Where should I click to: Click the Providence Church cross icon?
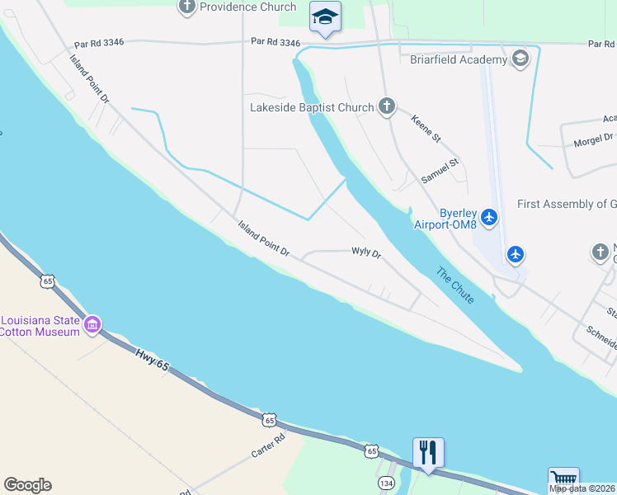pyautogui.click(x=186, y=7)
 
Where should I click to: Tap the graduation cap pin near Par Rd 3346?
pyautogui.click(x=325, y=17)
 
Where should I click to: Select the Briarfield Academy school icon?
pyautogui.click(x=520, y=59)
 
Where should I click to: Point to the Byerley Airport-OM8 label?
pyautogui.click(x=446, y=218)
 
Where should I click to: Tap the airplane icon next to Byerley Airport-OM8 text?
pyautogui.click(x=490, y=217)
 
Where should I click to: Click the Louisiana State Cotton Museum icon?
pyautogui.click(x=92, y=322)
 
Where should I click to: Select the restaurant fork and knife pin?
pyautogui.click(x=428, y=452)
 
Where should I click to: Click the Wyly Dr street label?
pyautogui.click(x=366, y=252)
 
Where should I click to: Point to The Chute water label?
pyautogui.click(x=455, y=285)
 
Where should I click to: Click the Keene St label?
pyautogui.click(x=426, y=128)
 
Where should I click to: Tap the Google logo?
pyautogui.click(x=27, y=485)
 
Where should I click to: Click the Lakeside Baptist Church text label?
pyautogui.click(x=313, y=107)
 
